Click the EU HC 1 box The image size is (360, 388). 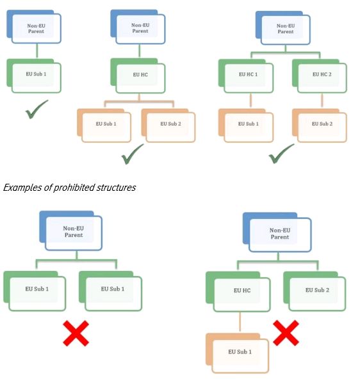tap(246, 76)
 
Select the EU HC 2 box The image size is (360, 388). tap(320, 76)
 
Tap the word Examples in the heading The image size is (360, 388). tap(23, 188)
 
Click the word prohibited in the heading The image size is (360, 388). tap(74, 188)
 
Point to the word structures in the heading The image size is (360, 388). tap(116, 188)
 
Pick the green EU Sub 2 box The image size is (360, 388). tap(315, 291)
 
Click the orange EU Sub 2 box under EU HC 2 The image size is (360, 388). tap(320, 125)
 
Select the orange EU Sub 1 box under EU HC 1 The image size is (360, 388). tap(246, 125)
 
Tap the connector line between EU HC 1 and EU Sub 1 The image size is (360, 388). tap(250, 101)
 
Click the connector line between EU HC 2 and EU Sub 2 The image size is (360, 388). tap(322, 101)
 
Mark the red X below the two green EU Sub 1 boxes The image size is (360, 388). tap(76, 333)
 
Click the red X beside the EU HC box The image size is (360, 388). tap(286, 332)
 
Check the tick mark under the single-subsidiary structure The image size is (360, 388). tap(37, 109)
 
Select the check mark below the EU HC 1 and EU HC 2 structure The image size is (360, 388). tap(281, 154)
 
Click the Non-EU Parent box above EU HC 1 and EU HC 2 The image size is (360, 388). tap(283, 28)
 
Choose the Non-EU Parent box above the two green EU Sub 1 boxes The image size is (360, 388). tap(71, 230)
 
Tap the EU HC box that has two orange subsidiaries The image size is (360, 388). tap(138, 76)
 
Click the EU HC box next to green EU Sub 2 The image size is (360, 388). tap(238, 292)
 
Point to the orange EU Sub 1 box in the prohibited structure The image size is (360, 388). tap(238, 353)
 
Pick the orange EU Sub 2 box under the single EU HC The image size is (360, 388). tap(168, 125)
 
